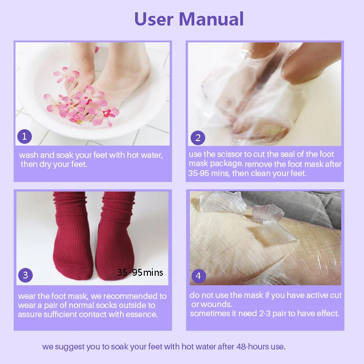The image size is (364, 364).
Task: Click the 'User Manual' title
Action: click(x=189, y=19)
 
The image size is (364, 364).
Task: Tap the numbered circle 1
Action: click(x=24, y=136)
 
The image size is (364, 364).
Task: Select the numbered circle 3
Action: click(x=25, y=275)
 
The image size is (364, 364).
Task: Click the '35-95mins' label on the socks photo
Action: click(x=140, y=273)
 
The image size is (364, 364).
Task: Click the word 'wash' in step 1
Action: click(x=28, y=155)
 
